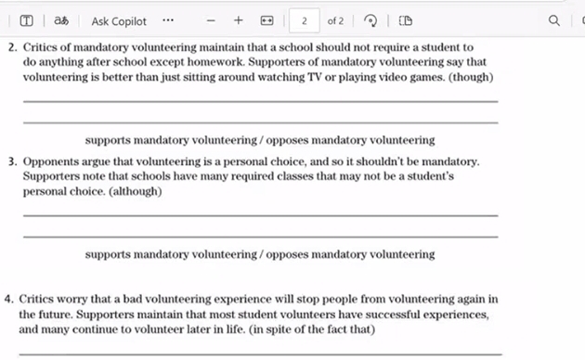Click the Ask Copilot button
[x=119, y=20]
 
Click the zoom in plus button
[x=239, y=20]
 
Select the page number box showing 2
[x=304, y=20]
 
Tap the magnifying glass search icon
[x=554, y=20]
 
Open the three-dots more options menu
[x=167, y=20]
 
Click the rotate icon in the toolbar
[x=371, y=20]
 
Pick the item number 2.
[x=12, y=46]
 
